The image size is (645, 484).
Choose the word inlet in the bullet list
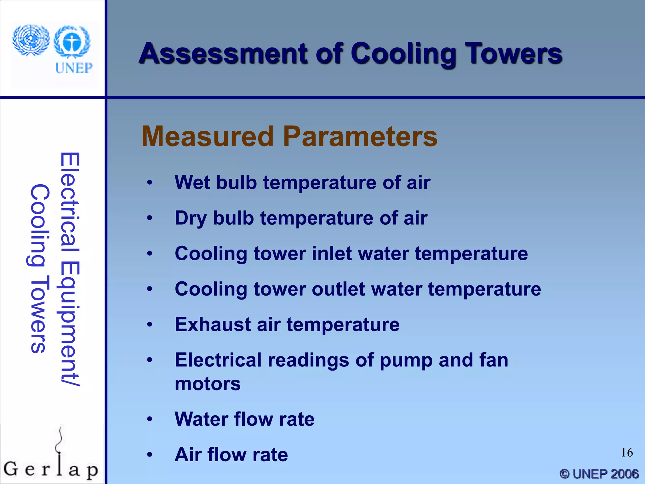point(332,253)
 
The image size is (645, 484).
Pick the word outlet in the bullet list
point(338,289)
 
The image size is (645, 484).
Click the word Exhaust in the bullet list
point(213,325)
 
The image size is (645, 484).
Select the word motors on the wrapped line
point(208,384)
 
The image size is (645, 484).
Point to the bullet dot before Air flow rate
point(150,454)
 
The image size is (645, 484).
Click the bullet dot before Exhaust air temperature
point(150,325)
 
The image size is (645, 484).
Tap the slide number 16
point(627,452)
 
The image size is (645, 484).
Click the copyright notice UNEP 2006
point(599,474)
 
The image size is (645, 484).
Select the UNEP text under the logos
point(74,68)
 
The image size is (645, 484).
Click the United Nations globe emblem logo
point(31,40)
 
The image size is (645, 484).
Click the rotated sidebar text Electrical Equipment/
point(70,269)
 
